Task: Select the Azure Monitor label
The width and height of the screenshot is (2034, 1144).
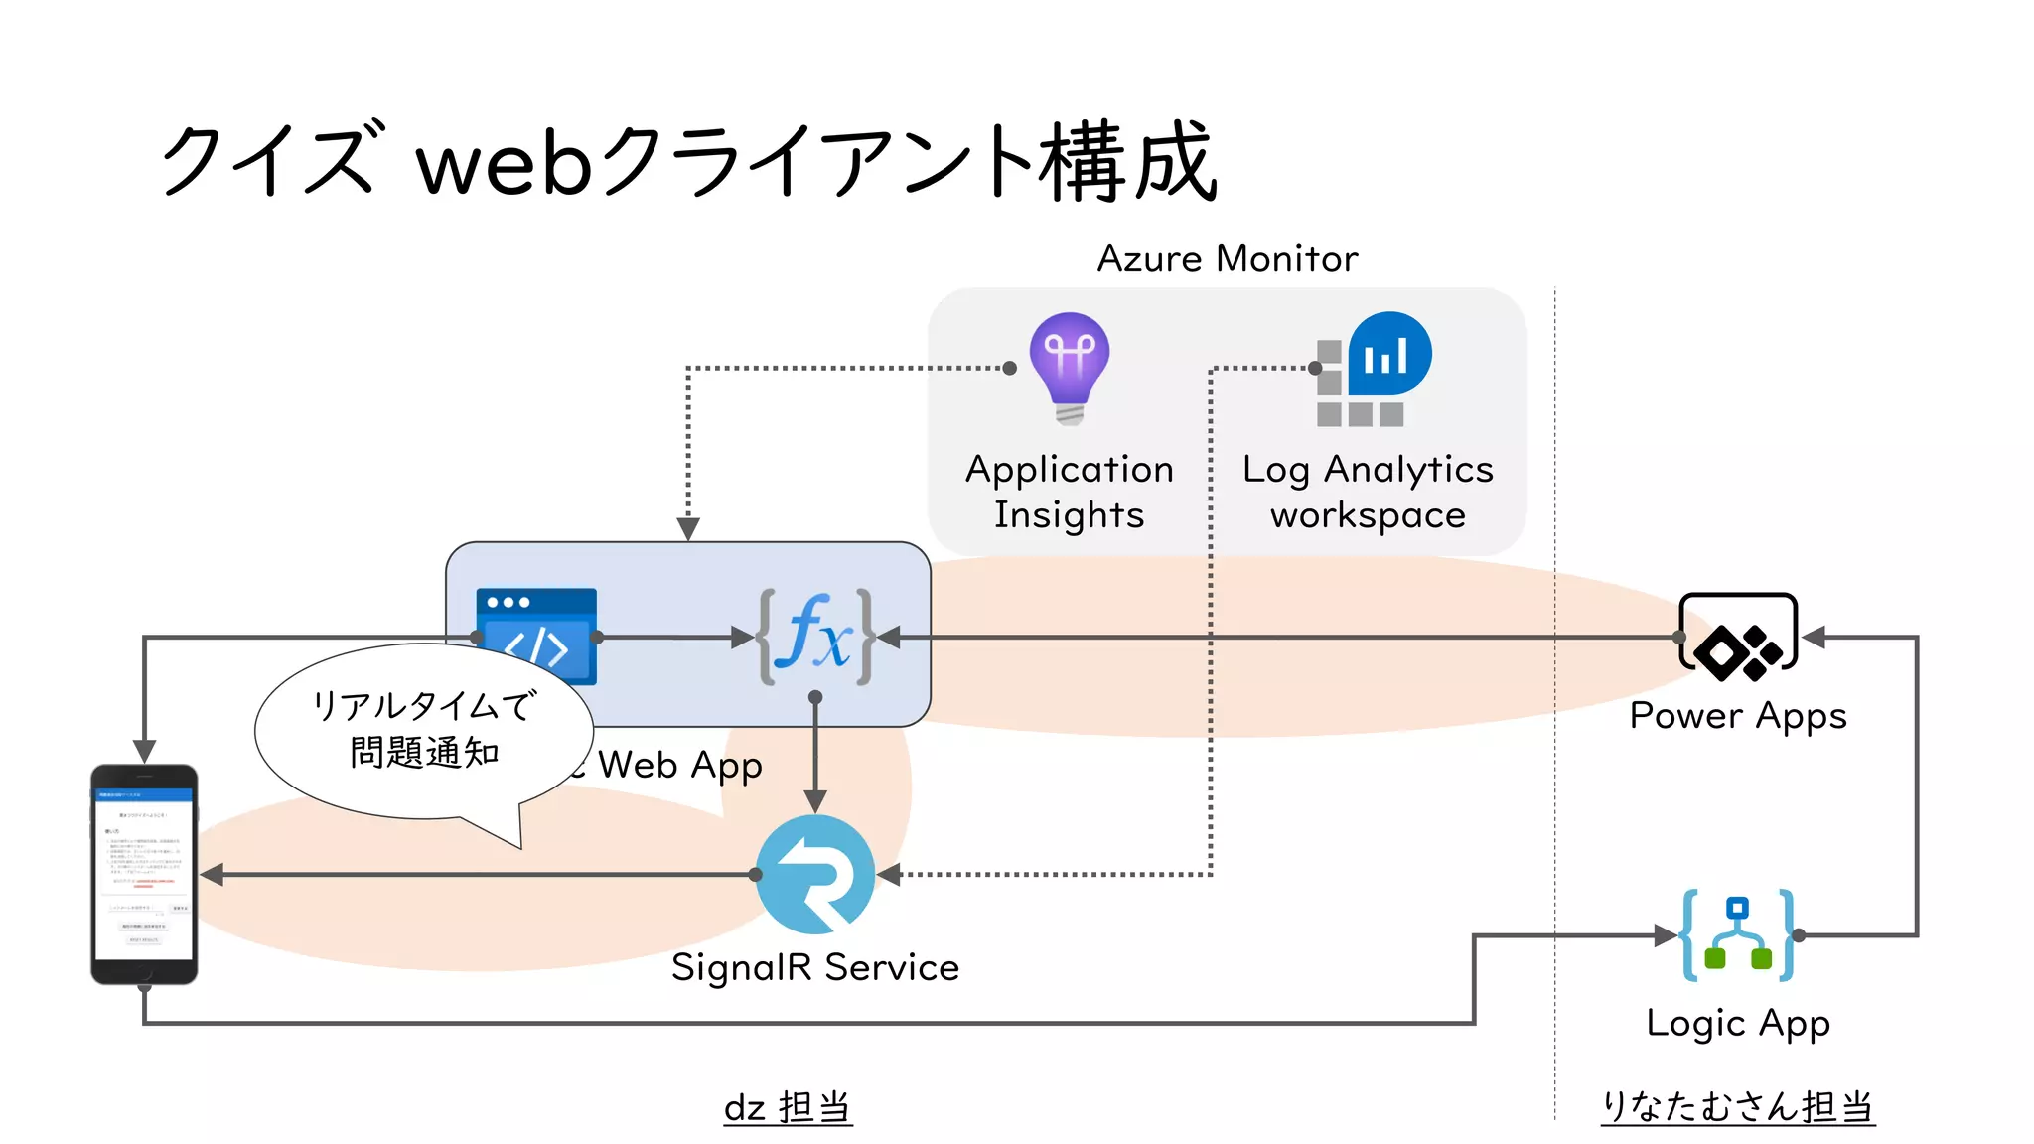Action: [x=1227, y=259]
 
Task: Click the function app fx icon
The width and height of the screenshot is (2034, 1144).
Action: [x=815, y=637]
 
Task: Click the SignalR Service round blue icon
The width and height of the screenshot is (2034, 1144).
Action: [x=815, y=875]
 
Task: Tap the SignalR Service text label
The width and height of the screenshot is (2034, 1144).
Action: [x=815, y=967]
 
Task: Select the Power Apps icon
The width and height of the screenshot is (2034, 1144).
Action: [x=1738, y=637]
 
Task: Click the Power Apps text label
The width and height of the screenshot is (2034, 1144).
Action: [x=1738, y=716]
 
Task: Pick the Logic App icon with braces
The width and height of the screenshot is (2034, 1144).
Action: [x=1738, y=934]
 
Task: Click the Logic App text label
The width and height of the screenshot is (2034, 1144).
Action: [x=1738, y=1023]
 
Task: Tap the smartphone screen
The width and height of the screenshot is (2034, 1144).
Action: [x=144, y=874]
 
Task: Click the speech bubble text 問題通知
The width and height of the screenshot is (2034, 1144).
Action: [x=424, y=753]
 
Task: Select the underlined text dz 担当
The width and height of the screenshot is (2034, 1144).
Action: [x=788, y=1107]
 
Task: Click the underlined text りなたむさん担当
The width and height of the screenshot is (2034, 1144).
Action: [x=1738, y=1107]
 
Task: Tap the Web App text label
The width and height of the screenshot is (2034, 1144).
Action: [x=680, y=766]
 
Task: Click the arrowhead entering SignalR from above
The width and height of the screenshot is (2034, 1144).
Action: [x=815, y=801]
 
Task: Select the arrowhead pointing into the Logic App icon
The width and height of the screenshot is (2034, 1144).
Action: [x=1666, y=935]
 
